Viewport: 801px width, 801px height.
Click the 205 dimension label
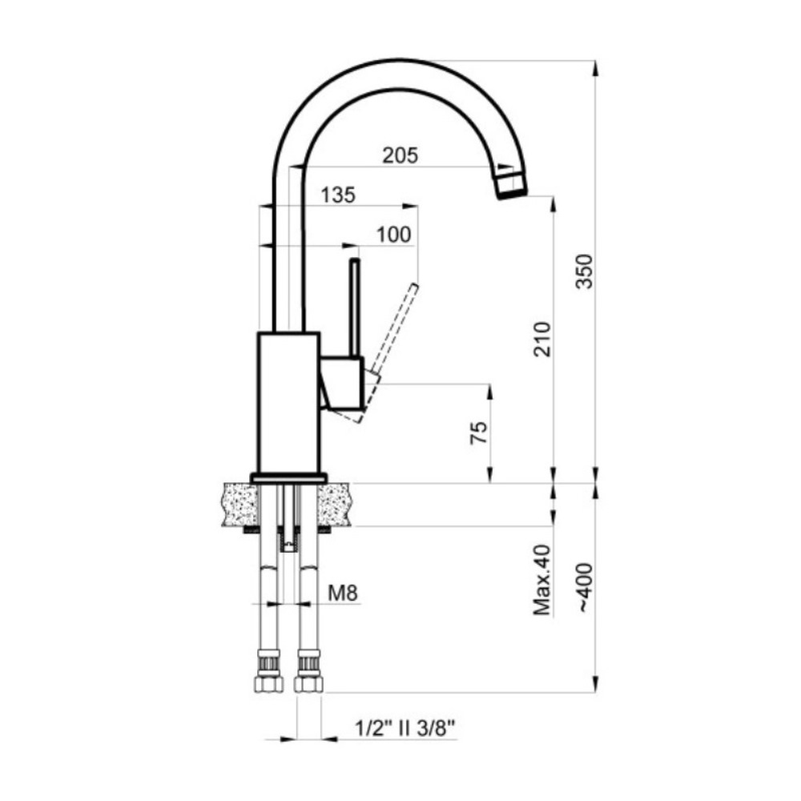[x=400, y=155]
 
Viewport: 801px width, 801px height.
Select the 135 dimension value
[x=338, y=195]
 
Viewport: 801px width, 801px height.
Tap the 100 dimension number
[x=393, y=235]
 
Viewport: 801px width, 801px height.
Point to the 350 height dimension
[x=585, y=272]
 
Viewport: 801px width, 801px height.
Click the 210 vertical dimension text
[x=542, y=339]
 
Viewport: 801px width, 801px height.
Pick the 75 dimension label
[x=479, y=433]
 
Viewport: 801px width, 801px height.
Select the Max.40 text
[x=542, y=580]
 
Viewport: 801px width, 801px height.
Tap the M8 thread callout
[x=342, y=593]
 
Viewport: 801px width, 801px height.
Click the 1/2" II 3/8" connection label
[x=405, y=728]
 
